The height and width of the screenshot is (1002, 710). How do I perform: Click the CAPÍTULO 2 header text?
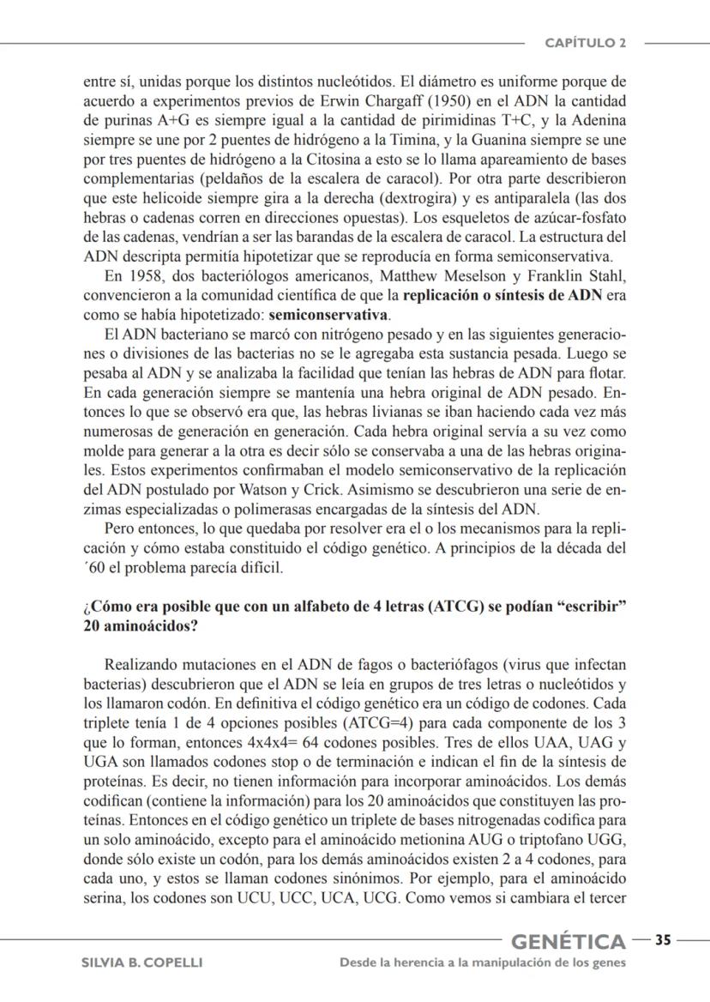coord(587,43)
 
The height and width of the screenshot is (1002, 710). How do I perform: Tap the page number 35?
coord(663,940)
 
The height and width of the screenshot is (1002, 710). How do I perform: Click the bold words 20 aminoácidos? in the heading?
coord(141,626)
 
